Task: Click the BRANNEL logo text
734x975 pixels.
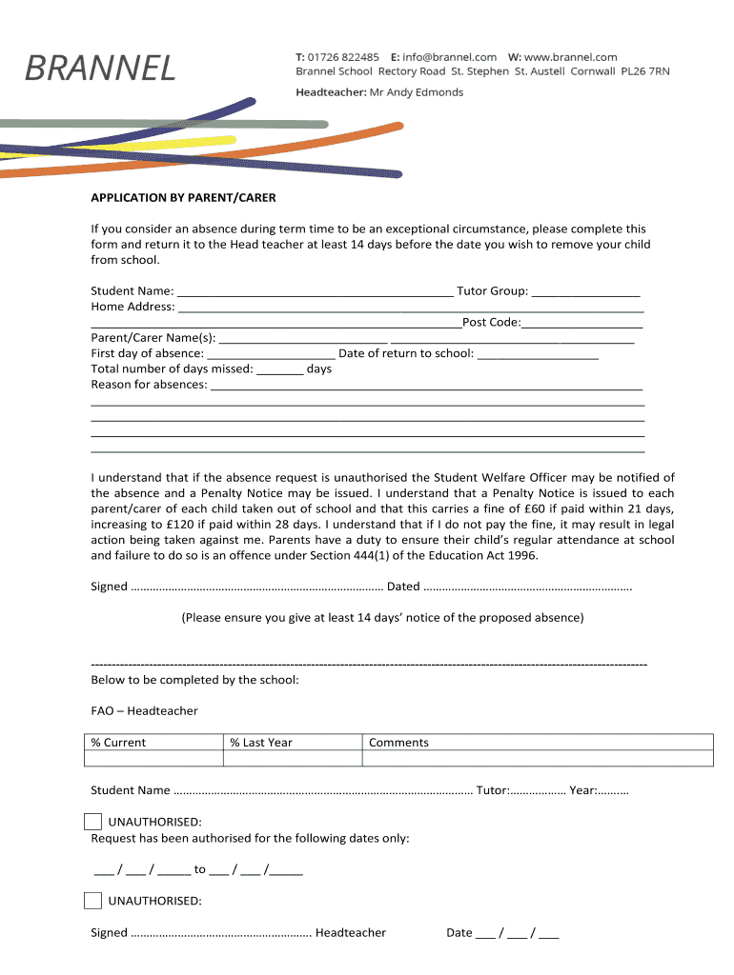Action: pos(99,68)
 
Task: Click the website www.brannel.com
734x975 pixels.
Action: pos(570,57)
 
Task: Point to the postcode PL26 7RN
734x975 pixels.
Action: pos(645,71)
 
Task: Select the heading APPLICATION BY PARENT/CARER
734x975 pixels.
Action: pos(183,198)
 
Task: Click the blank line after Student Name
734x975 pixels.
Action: pos(316,292)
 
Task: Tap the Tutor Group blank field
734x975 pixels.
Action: pos(585,292)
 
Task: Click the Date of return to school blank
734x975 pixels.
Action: pos(538,354)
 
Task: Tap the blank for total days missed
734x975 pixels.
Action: pos(280,369)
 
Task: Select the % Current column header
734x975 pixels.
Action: pos(118,743)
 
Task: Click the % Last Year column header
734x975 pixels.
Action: pos(261,743)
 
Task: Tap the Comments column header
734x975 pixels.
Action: pos(398,743)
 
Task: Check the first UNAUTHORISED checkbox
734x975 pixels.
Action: pos(92,822)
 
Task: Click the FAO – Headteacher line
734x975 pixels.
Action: pos(144,711)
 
